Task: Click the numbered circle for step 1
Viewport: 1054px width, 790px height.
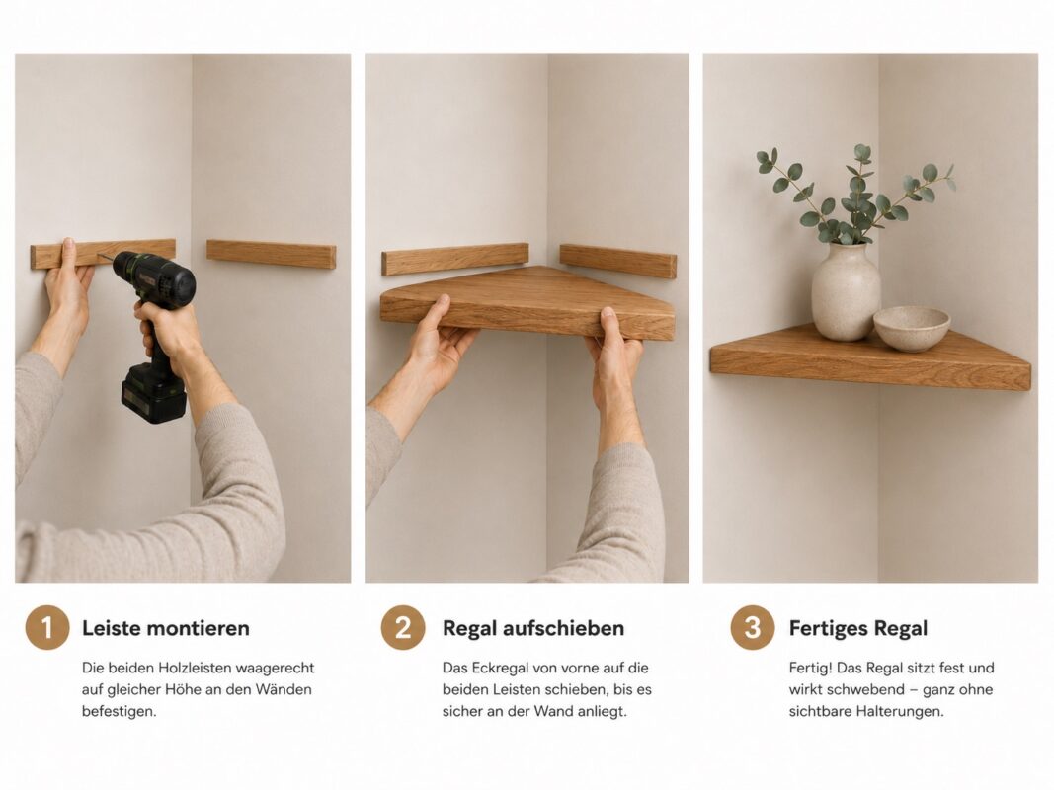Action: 47,627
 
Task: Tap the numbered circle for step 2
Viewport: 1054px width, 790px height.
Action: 403,627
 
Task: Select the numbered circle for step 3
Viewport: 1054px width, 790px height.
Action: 752,627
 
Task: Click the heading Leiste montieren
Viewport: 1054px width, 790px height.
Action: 165,628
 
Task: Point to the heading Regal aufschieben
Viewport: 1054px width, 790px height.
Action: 533,628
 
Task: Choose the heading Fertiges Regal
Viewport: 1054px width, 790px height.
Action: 858,628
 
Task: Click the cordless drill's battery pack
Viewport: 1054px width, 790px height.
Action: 153,394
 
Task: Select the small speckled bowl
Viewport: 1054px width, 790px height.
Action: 912,328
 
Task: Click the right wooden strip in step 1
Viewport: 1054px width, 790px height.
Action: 271,254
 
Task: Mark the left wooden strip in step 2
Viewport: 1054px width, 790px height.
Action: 455,260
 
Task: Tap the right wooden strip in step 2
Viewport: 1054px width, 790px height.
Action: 618,262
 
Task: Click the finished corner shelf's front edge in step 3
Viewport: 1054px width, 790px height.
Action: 870,370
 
